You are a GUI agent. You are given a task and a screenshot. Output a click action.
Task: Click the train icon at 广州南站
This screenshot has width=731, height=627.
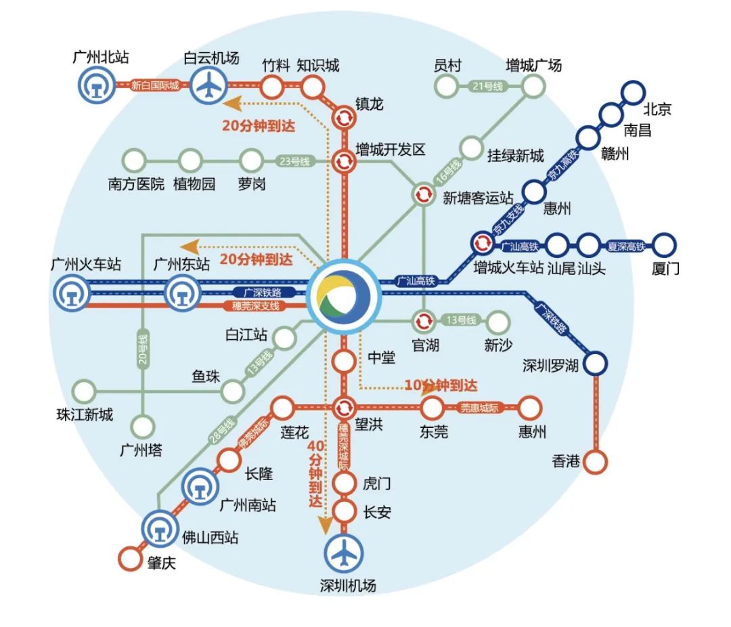tap(201, 486)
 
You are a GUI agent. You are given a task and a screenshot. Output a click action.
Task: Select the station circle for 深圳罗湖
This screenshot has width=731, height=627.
tap(596, 364)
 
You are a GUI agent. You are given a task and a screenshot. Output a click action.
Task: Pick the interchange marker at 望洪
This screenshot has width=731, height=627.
tap(344, 408)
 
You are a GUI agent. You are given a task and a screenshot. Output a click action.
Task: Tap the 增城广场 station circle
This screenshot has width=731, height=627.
tap(533, 85)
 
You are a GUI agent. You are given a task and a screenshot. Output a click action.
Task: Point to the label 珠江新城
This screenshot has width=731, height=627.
tap(85, 414)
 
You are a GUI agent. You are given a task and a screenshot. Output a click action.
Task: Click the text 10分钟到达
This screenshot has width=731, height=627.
tap(441, 385)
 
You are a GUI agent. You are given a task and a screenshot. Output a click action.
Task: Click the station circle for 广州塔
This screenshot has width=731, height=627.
tap(143, 427)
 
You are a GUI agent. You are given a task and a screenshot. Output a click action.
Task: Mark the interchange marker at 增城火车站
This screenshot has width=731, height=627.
tap(483, 242)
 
